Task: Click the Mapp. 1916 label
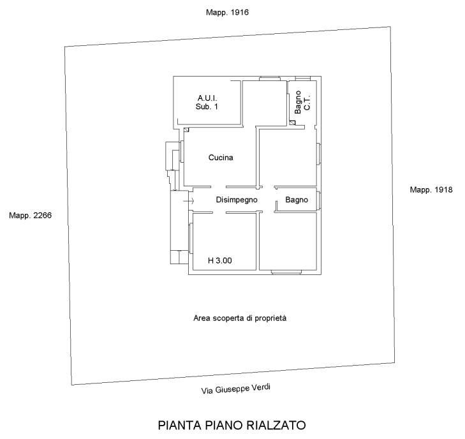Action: tap(227, 13)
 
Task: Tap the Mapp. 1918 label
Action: tap(431, 190)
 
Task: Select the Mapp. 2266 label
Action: tap(30, 215)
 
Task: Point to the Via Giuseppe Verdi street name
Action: tap(236, 389)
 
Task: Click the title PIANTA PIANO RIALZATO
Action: tap(232, 425)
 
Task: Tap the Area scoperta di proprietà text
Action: tap(240, 318)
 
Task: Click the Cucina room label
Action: tap(221, 158)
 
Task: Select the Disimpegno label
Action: tap(237, 200)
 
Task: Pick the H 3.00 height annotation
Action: tap(220, 261)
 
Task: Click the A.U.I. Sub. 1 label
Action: tap(207, 102)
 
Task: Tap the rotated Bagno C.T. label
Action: tap(302, 102)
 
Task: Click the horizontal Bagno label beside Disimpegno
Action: tap(297, 200)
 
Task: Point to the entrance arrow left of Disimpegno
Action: tap(188, 201)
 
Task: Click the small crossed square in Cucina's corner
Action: tap(186, 130)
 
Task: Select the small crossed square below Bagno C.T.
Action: tap(293, 123)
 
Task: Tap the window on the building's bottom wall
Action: tap(286, 272)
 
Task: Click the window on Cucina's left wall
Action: tap(182, 151)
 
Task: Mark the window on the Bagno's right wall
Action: tap(319, 200)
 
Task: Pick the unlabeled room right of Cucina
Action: tap(287, 157)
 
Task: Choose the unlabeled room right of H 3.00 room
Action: tap(288, 241)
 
